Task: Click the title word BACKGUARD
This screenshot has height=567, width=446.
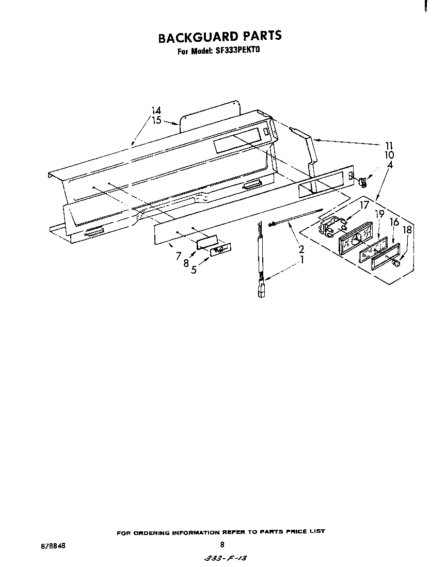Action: pyautogui.click(x=198, y=36)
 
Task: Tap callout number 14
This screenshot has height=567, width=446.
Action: pyautogui.click(x=156, y=111)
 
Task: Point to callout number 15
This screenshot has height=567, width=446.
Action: pyautogui.click(x=156, y=120)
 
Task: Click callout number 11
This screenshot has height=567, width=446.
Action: pyautogui.click(x=389, y=146)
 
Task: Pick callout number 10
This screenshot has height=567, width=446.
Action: pyautogui.click(x=389, y=155)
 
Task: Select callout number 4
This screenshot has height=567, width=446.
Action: pyautogui.click(x=390, y=165)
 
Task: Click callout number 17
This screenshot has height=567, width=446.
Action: pyautogui.click(x=364, y=205)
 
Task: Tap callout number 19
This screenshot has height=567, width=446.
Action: pyautogui.click(x=379, y=214)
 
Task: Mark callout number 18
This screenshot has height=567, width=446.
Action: pyautogui.click(x=407, y=230)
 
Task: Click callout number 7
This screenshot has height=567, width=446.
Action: pyautogui.click(x=178, y=256)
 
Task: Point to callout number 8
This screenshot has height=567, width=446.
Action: pyautogui.click(x=186, y=263)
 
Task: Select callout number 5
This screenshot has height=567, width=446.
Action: pyautogui.click(x=194, y=270)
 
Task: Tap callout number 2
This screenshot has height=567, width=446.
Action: pyautogui.click(x=301, y=249)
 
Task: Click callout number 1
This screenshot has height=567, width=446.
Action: pyautogui.click(x=302, y=260)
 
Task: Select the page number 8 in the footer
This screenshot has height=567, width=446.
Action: pyautogui.click(x=222, y=544)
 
